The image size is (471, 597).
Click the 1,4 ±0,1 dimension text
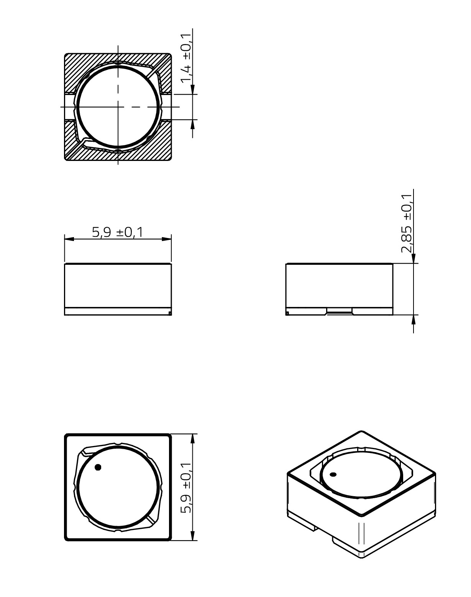[186, 58]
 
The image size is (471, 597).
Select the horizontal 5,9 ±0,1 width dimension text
[117, 232]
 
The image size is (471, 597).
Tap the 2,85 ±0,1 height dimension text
[407, 224]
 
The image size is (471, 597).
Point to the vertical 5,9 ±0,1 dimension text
[186, 487]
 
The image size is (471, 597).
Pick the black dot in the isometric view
[333, 474]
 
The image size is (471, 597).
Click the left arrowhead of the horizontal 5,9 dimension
[69, 239]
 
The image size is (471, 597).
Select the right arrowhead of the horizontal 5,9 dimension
[167, 239]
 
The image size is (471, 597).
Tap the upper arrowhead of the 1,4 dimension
[193, 89]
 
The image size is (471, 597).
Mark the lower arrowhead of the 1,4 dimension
[193, 124]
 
